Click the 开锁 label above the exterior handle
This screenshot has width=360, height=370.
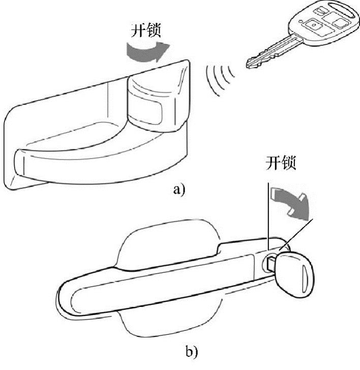point(281,163)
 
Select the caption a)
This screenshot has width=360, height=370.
point(179,190)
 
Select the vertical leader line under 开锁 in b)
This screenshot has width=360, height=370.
point(266,213)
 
